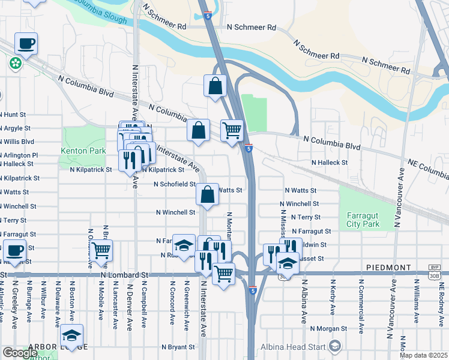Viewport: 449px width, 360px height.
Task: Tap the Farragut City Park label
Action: click(x=363, y=220)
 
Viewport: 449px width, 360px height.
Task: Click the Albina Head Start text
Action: click(x=292, y=347)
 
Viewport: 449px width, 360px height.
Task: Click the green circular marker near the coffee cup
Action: click(x=14, y=62)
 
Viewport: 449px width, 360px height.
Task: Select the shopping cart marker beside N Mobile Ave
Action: click(x=101, y=250)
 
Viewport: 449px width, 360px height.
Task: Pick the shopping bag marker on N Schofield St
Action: click(x=207, y=194)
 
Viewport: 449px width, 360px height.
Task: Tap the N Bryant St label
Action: click(x=178, y=347)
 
